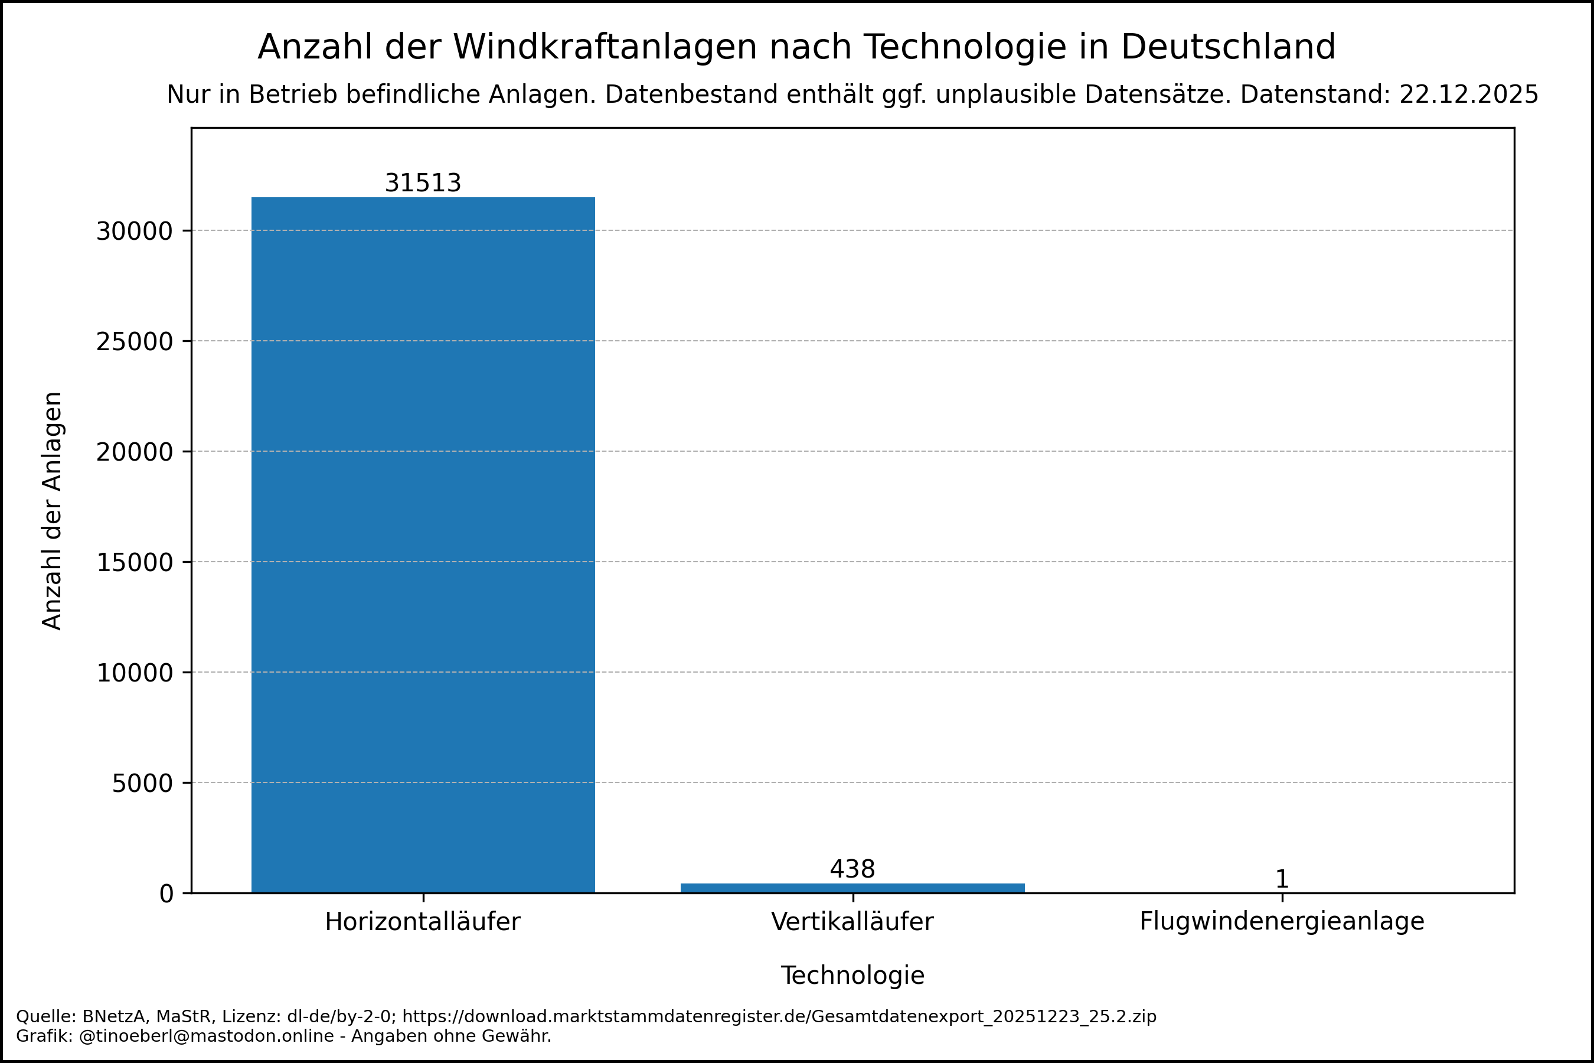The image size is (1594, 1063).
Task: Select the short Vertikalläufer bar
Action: click(852, 888)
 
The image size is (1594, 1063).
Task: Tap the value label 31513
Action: click(423, 183)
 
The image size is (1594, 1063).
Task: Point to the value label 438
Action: click(852, 869)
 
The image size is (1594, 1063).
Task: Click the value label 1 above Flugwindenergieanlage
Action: click(1282, 879)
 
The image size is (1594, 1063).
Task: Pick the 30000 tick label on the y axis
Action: click(134, 231)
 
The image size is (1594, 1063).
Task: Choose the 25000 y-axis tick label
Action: click(134, 342)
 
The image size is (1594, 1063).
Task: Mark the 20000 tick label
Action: click(134, 452)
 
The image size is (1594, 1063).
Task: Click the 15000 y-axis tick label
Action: click(134, 563)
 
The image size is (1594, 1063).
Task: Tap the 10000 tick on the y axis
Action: click(134, 673)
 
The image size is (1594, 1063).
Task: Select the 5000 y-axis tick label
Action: click(142, 784)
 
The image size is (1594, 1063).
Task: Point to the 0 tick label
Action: click(166, 894)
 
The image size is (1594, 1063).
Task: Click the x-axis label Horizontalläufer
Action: click(422, 922)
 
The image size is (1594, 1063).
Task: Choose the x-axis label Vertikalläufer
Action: click(852, 922)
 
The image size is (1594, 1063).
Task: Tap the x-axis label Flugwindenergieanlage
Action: click(1282, 921)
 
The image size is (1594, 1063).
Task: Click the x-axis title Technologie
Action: click(852, 976)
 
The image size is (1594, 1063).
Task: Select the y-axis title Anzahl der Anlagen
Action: click(52, 510)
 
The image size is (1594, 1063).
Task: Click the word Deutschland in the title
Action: click(1227, 47)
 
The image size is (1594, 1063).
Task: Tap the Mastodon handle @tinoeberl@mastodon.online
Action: click(206, 1036)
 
